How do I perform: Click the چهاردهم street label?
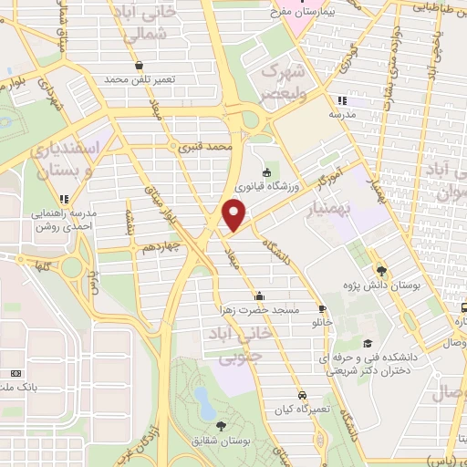tap(187, 246)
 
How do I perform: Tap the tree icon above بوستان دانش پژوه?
tap(381, 270)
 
